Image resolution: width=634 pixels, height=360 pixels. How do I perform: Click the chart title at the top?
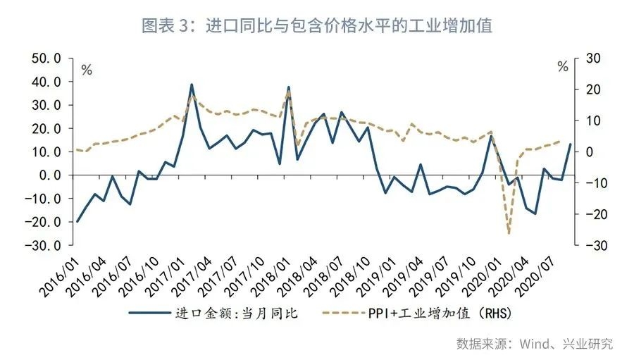[x=316, y=26]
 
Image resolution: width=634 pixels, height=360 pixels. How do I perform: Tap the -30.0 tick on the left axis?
[x=42, y=245]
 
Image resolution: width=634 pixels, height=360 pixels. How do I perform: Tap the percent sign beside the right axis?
[x=562, y=67]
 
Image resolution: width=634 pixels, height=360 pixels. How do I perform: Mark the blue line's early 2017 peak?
[x=192, y=85]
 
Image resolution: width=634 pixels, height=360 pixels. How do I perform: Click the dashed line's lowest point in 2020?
[x=508, y=232]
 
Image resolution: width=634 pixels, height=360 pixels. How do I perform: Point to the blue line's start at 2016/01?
[x=77, y=222]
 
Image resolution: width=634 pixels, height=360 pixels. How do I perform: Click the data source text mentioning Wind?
[x=534, y=344]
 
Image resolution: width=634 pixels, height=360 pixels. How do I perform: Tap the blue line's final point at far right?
[x=570, y=144]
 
